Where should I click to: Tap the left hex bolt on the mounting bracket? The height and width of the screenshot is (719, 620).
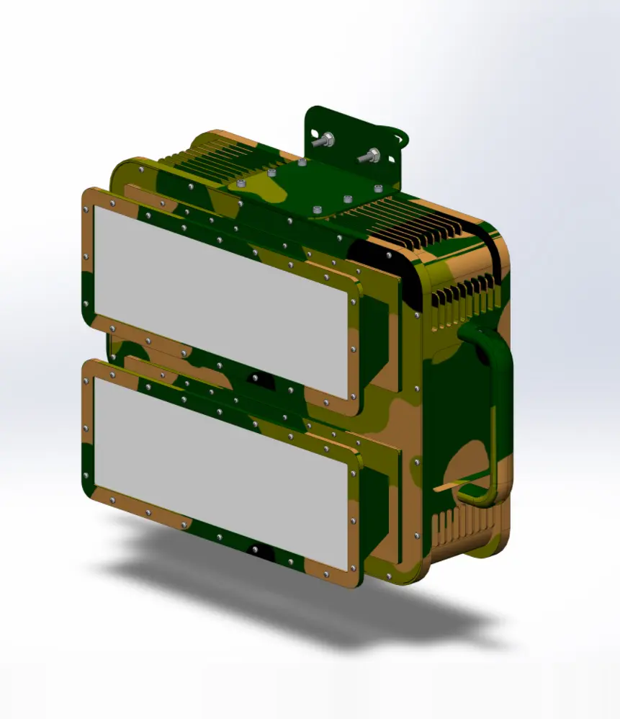(x=327, y=140)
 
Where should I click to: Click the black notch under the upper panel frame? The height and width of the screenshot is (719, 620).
(x=257, y=377)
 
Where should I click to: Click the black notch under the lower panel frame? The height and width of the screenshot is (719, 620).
(x=257, y=551)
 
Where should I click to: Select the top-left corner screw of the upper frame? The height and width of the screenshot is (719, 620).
(x=87, y=209)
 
